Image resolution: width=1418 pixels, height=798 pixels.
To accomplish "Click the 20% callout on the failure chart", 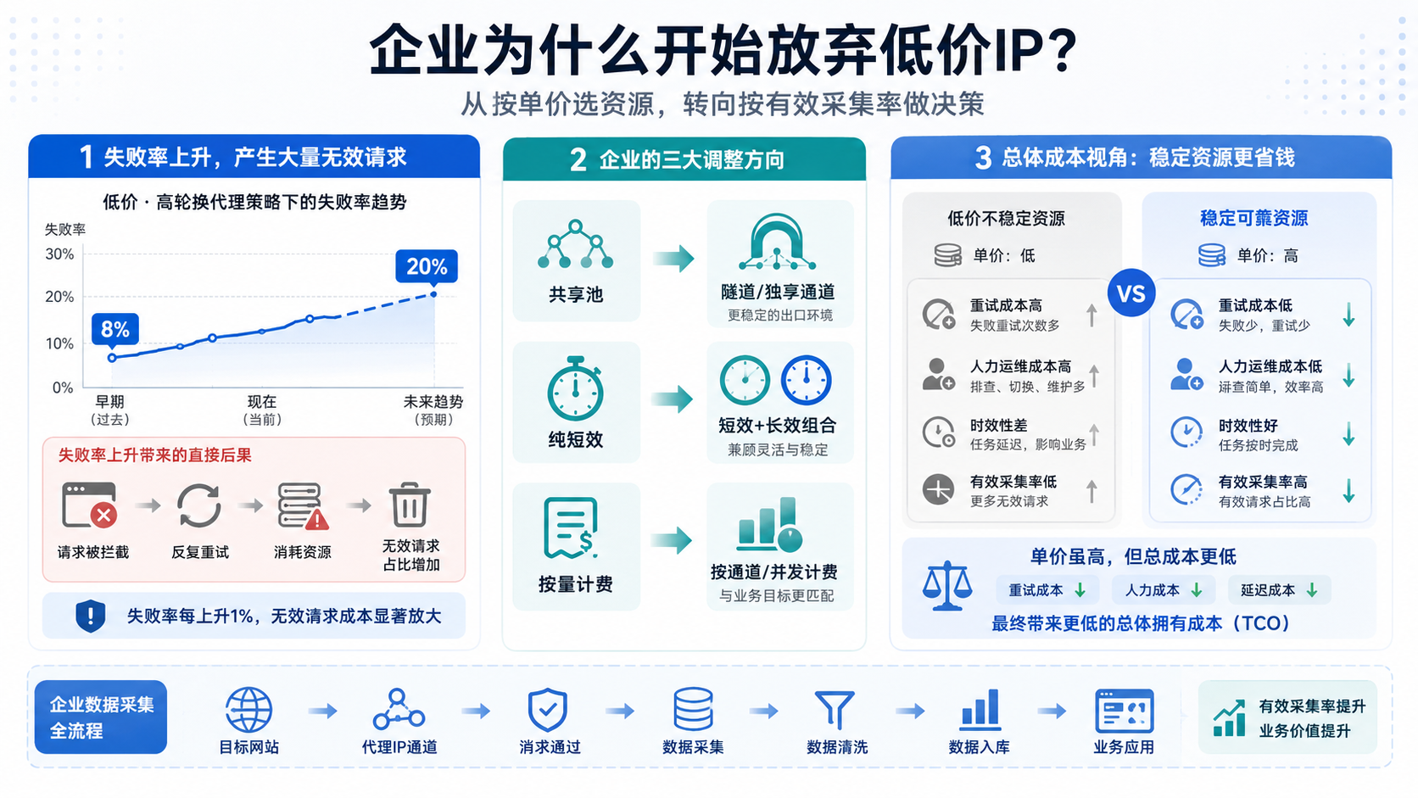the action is [426, 266].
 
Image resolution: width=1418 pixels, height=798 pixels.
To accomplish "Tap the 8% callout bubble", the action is [114, 329].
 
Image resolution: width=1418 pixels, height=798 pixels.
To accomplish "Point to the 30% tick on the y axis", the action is [59, 254].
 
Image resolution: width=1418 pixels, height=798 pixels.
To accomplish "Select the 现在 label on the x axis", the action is [262, 402].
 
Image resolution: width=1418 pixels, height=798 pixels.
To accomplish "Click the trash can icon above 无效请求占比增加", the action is [409, 505].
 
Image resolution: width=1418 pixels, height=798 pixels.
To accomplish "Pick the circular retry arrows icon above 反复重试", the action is [198, 505].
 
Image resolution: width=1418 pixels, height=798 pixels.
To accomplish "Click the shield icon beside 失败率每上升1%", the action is [91, 616].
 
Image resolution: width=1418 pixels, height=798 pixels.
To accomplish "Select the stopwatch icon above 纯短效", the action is [575, 388].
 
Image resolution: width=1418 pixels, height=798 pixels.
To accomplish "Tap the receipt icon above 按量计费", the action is [571, 528].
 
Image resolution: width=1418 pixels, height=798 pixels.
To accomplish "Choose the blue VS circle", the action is [1131, 293].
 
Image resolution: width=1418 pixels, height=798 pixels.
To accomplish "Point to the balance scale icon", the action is [947, 585].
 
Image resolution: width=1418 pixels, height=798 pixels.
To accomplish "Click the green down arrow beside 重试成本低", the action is [1349, 315].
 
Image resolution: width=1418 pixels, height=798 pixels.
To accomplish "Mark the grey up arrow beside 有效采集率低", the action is [1092, 491].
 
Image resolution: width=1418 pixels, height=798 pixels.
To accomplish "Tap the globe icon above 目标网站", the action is [248, 710].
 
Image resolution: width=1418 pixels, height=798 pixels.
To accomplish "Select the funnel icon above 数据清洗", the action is [835, 710].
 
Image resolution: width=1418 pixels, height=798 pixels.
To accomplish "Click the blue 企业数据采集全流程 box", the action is [101, 717].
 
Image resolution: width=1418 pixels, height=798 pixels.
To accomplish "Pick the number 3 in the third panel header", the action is [983, 158].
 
